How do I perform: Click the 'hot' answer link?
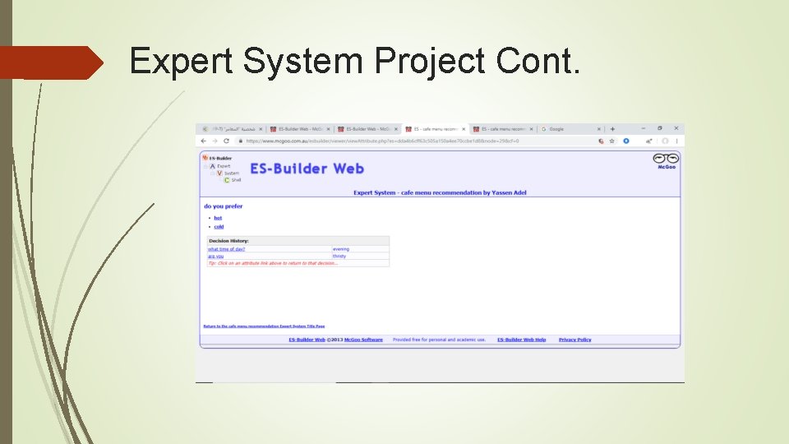218,218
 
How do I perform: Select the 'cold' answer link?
219,227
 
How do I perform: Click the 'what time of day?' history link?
227,248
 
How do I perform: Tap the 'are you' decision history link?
215,256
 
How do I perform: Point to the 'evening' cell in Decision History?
341,248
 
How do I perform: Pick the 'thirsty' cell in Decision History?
339,256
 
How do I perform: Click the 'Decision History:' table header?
228,241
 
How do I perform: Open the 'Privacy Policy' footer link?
574,340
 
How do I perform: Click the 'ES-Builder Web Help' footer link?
521,340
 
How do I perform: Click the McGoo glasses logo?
666,160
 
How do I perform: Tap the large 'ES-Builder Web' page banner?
307,169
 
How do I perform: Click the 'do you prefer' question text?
224,206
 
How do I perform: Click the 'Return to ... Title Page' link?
264,326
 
